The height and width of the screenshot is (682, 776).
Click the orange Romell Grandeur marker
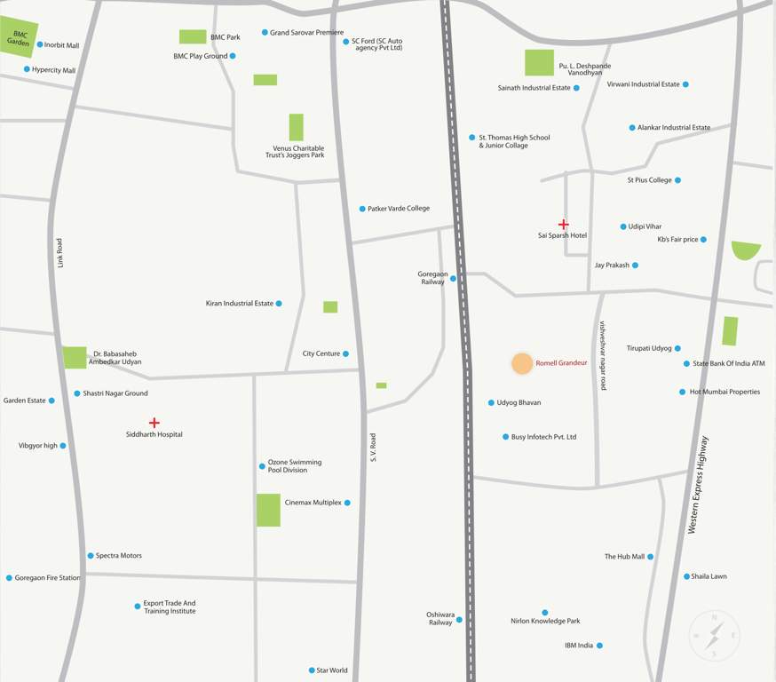point(522,363)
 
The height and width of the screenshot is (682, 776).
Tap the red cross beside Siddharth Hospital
point(154,423)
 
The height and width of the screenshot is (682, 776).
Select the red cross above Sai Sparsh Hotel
point(563,225)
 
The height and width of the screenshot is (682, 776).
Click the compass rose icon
point(715,636)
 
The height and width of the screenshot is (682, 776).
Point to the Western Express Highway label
point(699,485)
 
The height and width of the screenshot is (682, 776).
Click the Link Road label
point(60,252)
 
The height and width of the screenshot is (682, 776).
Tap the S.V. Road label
point(373,447)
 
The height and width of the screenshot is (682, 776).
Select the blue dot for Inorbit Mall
point(40,44)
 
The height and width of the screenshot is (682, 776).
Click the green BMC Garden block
point(18,38)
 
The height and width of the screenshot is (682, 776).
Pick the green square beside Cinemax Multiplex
point(268,510)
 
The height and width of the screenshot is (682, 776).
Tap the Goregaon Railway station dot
point(453,279)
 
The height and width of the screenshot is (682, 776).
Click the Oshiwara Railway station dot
point(459,619)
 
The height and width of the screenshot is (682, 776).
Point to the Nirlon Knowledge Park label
point(545,621)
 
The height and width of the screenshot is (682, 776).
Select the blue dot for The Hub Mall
point(650,557)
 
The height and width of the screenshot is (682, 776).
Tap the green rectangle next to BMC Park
point(193,36)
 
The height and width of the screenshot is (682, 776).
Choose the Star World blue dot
point(312,670)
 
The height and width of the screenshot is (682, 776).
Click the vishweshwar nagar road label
point(603,355)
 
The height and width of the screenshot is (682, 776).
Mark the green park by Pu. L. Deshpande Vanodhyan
point(539,62)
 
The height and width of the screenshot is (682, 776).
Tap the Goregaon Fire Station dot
point(9,578)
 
